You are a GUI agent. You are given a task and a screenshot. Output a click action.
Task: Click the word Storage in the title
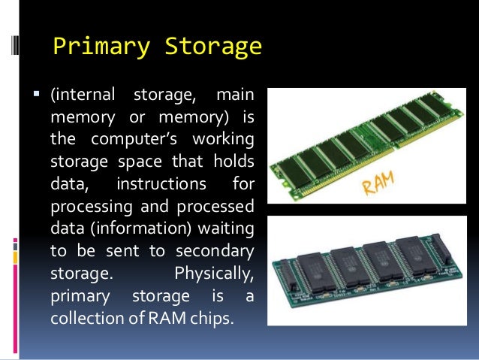[212, 47]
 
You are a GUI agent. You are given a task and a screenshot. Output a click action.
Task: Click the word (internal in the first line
[83, 96]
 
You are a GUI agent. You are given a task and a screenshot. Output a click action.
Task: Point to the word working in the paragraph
[222, 141]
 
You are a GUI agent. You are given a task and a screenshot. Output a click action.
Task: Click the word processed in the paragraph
[218, 206]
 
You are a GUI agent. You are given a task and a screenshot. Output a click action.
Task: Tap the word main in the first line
[235, 96]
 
